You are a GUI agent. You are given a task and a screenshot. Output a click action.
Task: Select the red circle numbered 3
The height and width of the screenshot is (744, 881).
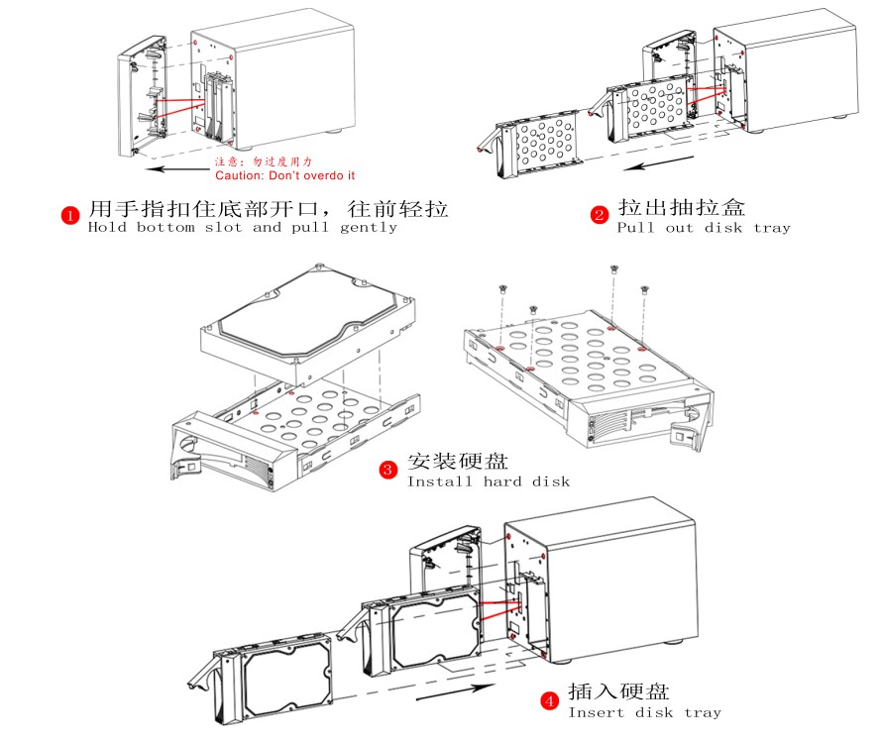pyautogui.click(x=389, y=470)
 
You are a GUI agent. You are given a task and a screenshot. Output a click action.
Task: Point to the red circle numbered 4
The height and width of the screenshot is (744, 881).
pyautogui.click(x=549, y=701)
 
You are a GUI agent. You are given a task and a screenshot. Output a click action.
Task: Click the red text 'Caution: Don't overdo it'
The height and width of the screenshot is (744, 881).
pyautogui.click(x=284, y=175)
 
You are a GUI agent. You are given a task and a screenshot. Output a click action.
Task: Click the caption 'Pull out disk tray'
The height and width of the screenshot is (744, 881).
pyautogui.click(x=704, y=228)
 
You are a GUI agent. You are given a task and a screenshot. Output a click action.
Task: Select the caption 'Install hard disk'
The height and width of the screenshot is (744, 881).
pyautogui.click(x=489, y=481)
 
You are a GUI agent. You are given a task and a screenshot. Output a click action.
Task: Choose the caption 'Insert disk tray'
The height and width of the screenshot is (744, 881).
pyautogui.click(x=644, y=712)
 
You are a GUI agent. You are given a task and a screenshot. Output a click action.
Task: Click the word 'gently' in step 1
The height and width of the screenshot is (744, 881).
pyautogui.click(x=368, y=227)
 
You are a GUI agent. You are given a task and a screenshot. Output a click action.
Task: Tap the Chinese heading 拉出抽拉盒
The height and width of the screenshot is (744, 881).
pyautogui.click(x=682, y=207)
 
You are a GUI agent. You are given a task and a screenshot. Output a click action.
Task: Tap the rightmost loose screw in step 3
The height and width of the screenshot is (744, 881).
pyautogui.click(x=644, y=289)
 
